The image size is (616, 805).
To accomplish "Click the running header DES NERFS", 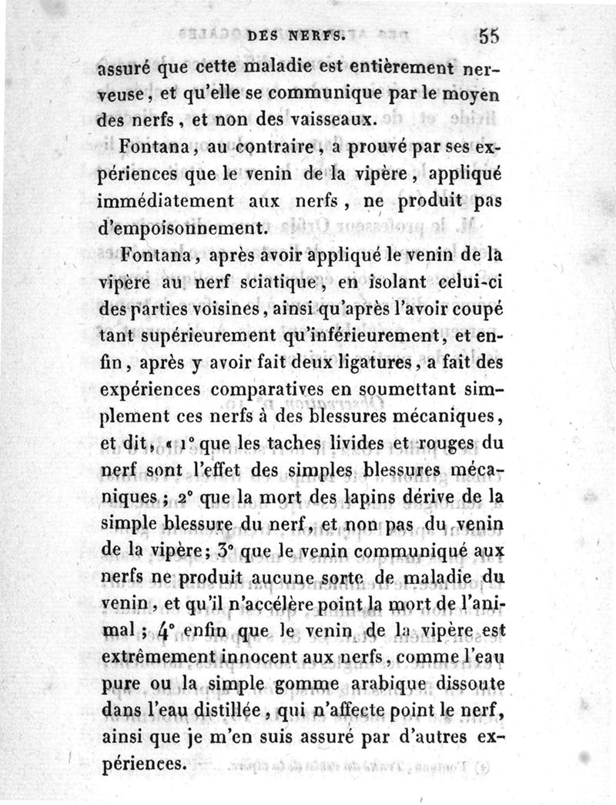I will coord(296,35).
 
